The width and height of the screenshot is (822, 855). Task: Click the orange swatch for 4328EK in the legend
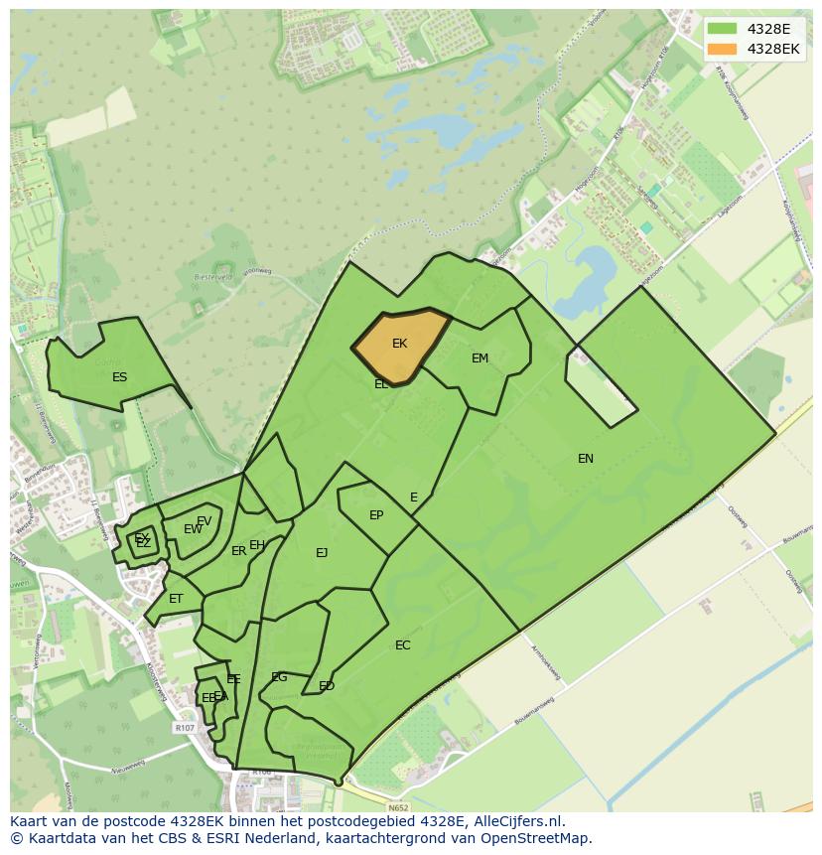(723, 49)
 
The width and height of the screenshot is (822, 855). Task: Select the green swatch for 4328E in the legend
(723, 29)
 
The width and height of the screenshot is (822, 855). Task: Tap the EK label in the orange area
(399, 344)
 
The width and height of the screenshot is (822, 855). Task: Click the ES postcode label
(119, 377)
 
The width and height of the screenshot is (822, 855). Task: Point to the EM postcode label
(479, 358)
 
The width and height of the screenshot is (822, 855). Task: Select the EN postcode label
(586, 458)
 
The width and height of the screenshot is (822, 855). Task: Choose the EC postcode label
(402, 645)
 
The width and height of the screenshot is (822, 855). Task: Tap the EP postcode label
(376, 515)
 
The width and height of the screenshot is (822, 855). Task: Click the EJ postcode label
(322, 553)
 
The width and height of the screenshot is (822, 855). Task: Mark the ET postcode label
(176, 599)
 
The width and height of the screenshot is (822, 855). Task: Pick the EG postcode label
(279, 677)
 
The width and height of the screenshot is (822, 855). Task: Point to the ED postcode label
(326, 686)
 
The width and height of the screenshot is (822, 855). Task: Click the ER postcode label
(238, 551)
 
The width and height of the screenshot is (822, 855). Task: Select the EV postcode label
(204, 520)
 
